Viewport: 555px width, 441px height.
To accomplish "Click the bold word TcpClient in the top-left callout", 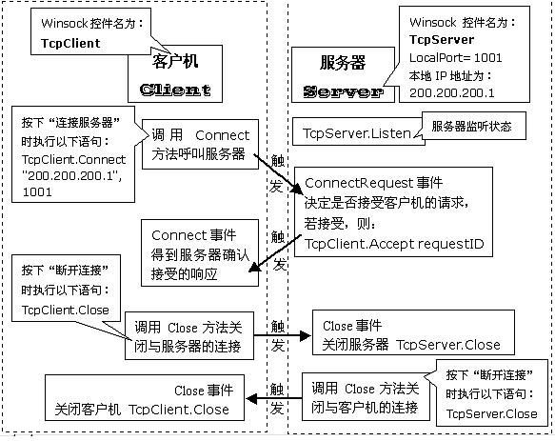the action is click(x=70, y=43).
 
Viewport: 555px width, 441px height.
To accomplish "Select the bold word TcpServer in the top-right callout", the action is click(x=442, y=39).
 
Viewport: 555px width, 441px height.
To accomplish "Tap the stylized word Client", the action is click(x=175, y=90).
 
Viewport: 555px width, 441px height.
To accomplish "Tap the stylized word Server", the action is click(x=343, y=91).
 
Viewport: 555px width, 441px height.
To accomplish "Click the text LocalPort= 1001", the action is click(x=456, y=57).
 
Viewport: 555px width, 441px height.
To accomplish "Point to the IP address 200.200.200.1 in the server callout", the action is click(x=451, y=92).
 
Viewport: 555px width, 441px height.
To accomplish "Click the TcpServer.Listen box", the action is click(x=359, y=131).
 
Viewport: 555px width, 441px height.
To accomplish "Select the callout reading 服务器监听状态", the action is click(x=473, y=126).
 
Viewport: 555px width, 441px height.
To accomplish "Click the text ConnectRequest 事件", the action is click(x=373, y=183).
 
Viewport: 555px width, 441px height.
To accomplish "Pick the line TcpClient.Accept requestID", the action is click(x=394, y=244).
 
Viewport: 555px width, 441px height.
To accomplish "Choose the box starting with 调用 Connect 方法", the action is click(x=200, y=144).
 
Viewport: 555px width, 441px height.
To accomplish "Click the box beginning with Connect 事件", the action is click(x=200, y=252).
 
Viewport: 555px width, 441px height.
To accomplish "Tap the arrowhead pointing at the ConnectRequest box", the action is click(x=297, y=190).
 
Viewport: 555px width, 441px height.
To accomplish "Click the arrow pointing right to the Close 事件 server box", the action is click(x=282, y=335).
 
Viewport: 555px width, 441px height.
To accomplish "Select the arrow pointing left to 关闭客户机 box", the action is click(x=274, y=399).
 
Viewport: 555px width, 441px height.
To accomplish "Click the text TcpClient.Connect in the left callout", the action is click(x=73, y=159).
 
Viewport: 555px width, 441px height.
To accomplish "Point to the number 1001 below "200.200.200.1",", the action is click(x=37, y=192).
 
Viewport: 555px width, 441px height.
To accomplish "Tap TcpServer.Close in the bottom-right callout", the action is click(x=491, y=413).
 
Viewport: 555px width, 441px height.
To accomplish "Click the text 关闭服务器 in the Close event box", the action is click(x=355, y=344).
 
